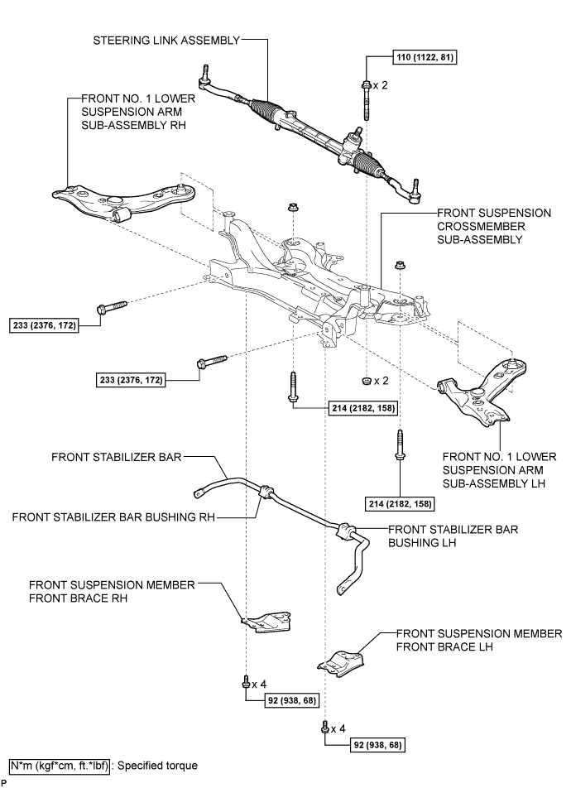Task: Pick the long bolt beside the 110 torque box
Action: coord(365,99)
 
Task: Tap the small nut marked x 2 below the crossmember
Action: coord(364,382)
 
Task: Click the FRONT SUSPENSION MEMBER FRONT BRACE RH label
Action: coord(113,591)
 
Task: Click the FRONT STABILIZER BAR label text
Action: coord(116,456)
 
